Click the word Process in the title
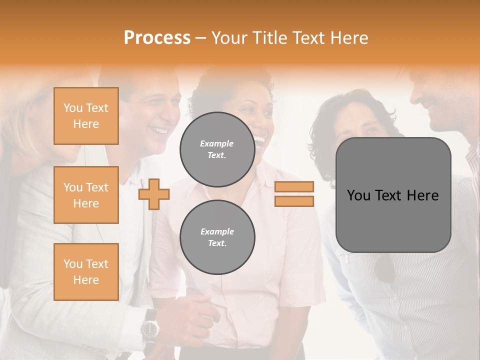tap(157, 38)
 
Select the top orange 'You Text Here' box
tap(86, 116)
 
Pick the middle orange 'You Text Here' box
tap(86, 195)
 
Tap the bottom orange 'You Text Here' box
tap(86, 272)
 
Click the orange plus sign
tap(154, 194)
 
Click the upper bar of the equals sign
tap(294, 186)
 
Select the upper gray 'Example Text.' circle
tap(217, 149)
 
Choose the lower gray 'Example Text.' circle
tap(217, 237)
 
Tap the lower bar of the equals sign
tap(294, 201)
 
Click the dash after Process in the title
tap(200, 38)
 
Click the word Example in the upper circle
tap(217, 143)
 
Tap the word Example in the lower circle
tap(217, 231)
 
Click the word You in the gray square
tap(358, 195)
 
